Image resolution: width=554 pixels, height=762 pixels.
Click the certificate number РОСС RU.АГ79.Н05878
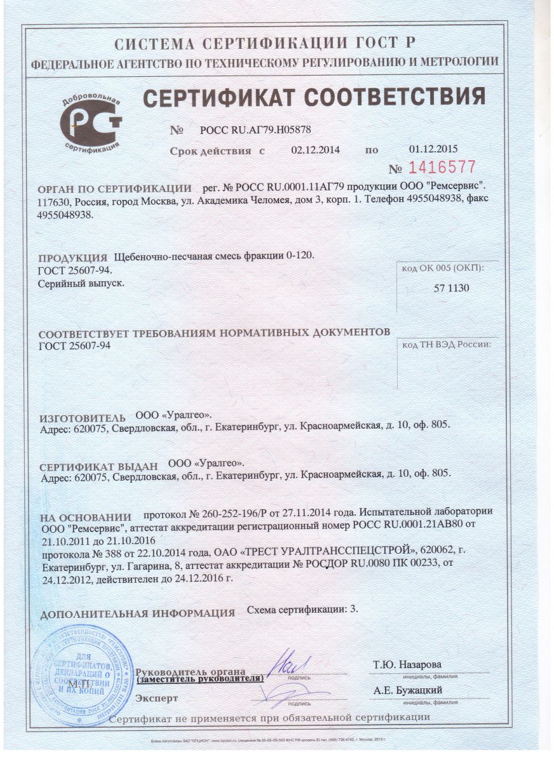[x=255, y=130]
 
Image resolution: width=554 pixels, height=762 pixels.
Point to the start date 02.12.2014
[x=316, y=150]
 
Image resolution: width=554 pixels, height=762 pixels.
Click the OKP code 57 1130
[x=451, y=288]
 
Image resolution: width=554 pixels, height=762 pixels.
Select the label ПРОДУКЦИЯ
[x=72, y=258]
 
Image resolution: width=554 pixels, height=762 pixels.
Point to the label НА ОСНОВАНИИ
[x=85, y=518]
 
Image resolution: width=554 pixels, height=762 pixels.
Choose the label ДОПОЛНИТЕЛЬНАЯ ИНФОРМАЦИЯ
[x=137, y=614]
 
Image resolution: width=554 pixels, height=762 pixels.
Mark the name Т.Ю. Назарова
[x=407, y=664]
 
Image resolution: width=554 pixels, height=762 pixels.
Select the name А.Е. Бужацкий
[x=408, y=691]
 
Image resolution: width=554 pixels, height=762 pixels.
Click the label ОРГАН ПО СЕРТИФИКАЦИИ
[x=115, y=189]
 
